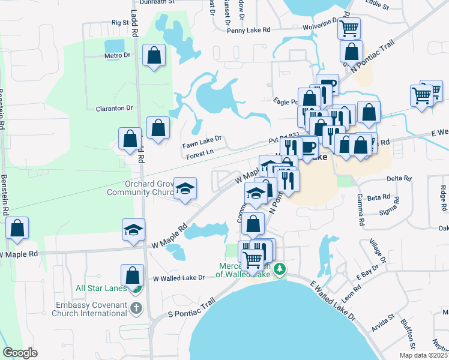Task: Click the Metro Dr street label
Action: pos(117,55)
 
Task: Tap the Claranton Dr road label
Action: pos(114,108)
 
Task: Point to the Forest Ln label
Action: pos(200,154)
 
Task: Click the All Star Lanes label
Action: pos(101,288)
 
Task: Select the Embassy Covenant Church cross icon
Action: pos(136,308)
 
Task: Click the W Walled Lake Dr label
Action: pos(179,278)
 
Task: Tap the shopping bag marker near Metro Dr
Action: pos(155,56)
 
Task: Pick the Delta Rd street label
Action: pos(399,178)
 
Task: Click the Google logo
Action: pos(20,353)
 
